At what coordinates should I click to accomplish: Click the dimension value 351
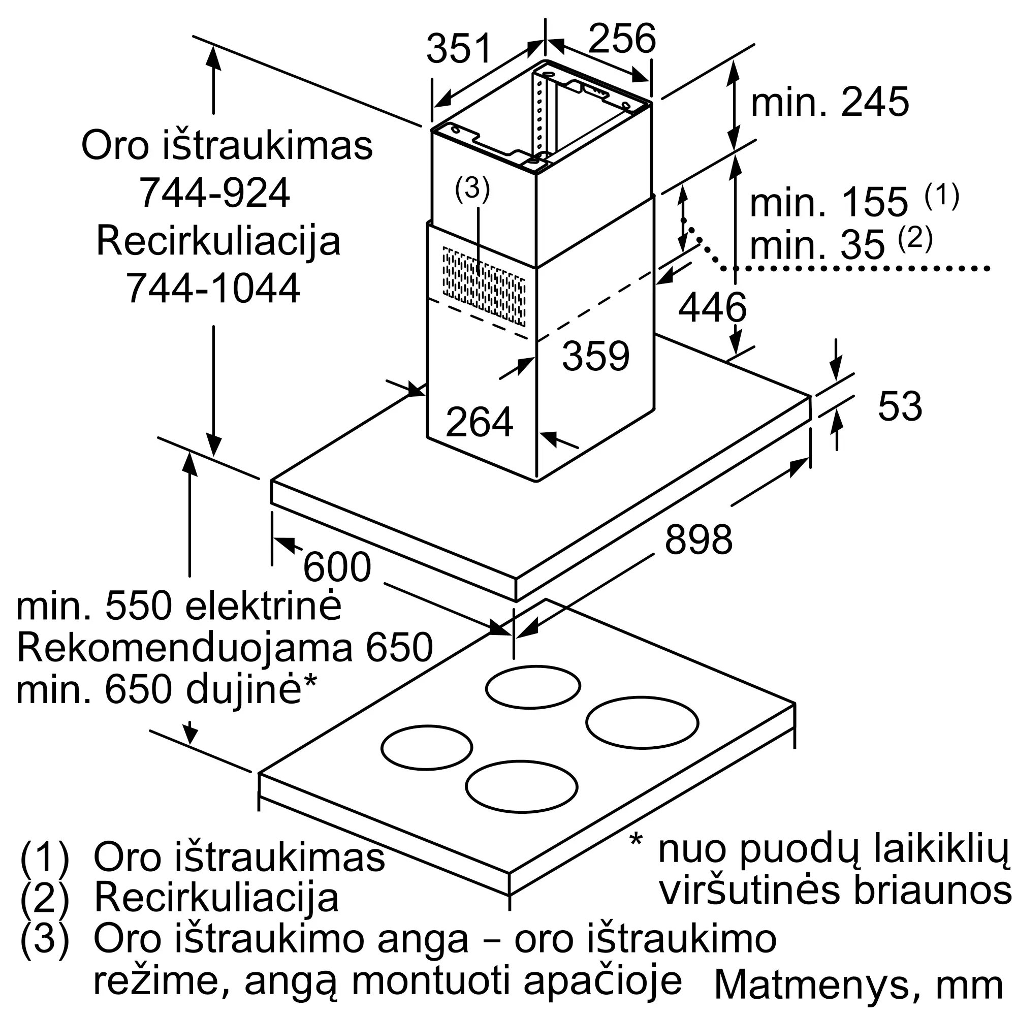click(459, 49)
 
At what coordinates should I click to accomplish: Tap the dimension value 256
click(622, 39)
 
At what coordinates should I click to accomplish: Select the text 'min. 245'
click(830, 102)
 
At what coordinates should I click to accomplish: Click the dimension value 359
click(595, 356)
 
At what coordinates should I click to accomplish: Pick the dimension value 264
click(479, 422)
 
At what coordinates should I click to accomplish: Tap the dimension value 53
click(900, 406)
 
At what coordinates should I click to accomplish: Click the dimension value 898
click(699, 539)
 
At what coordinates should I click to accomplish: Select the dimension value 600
click(337, 567)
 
